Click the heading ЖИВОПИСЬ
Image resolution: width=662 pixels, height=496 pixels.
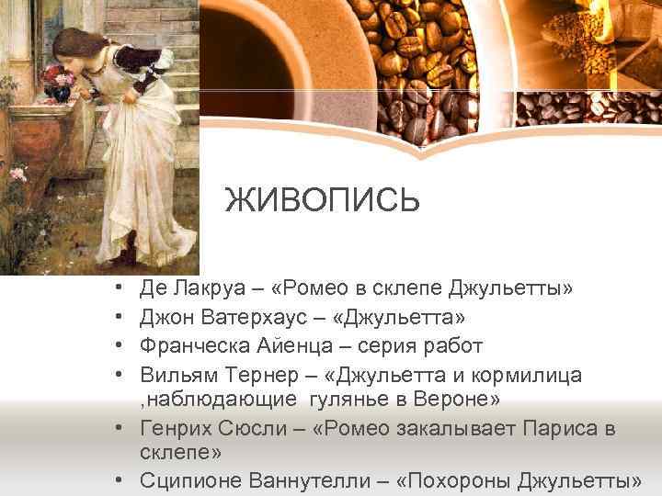[x=323, y=200]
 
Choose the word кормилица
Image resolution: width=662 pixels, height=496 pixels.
[x=523, y=375]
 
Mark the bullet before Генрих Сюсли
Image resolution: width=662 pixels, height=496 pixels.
[x=120, y=428]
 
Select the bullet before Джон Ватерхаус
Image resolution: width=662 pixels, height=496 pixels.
[x=120, y=318]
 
